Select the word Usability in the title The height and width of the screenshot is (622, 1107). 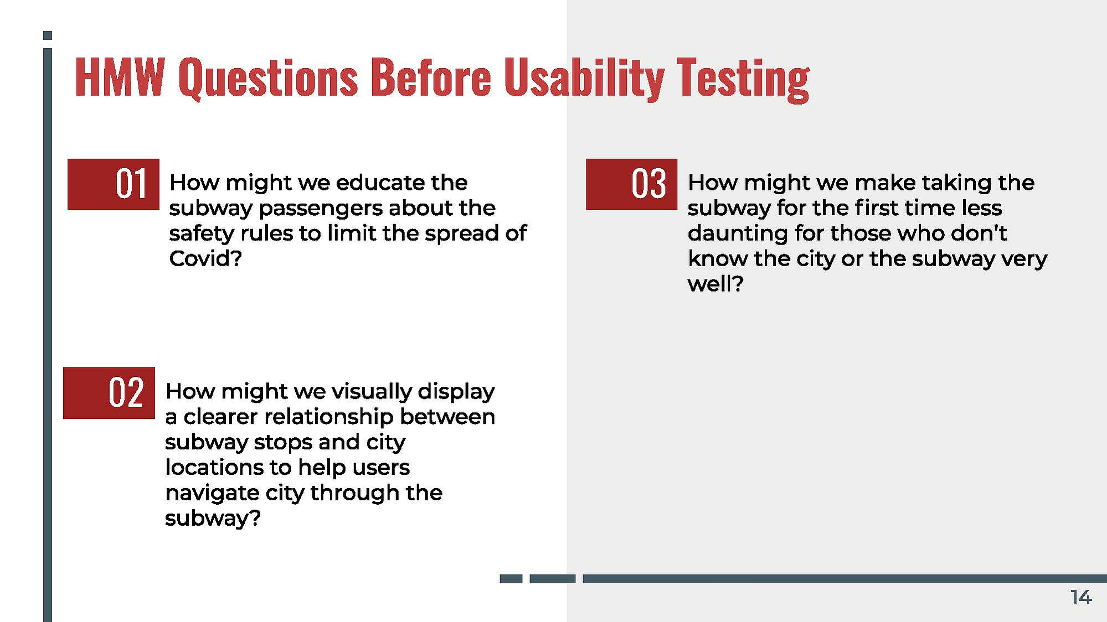click(x=584, y=79)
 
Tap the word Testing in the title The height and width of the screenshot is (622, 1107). click(x=743, y=80)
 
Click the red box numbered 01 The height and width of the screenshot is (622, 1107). click(x=114, y=184)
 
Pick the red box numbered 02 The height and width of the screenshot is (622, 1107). click(x=109, y=393)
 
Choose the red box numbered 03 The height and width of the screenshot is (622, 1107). click(x=632, y=184)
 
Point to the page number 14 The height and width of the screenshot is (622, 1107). click(x=1081, y=598)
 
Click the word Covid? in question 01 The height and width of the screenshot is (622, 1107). click(x=205, y=258)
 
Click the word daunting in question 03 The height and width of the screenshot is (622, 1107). click(x=738, y=234)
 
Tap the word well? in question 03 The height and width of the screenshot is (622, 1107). click(x=715, y=284)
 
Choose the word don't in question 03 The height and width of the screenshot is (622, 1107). click(x=979, y=233)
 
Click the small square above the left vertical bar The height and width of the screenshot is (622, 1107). click(x=48, y=35)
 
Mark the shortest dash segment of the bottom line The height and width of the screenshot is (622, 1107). click(x=511, y=579)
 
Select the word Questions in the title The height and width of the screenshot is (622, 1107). click(x=268, y=79)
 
